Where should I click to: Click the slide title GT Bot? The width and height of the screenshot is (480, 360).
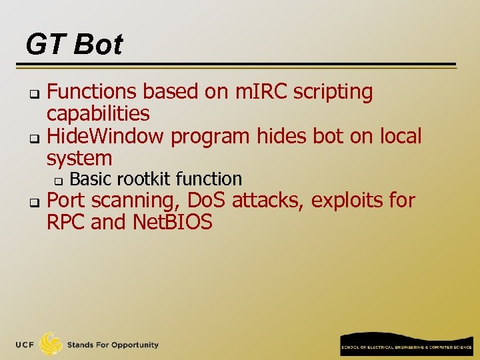pos(74,45)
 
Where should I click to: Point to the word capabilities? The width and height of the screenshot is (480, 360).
pos(98,114)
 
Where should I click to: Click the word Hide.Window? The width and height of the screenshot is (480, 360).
pos(105,136)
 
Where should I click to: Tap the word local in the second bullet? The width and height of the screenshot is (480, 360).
pos(400,136)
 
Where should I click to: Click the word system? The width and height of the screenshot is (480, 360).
pos(79,159)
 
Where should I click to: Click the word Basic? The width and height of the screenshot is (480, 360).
pos(89,179)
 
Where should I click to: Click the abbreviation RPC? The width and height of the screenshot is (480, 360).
pos(65,222)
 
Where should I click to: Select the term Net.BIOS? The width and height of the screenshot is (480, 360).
pos(172,222)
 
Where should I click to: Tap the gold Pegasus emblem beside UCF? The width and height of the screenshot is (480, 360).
pos(51,344)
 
